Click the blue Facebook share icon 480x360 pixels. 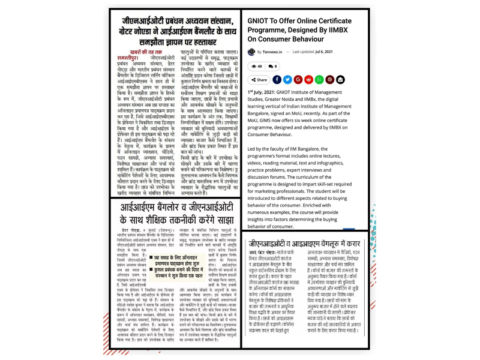(277, 79)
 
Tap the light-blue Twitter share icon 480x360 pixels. (287, 79)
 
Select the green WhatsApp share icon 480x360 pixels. (319, 79)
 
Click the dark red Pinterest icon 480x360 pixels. (329, 79)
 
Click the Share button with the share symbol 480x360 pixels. (259, 79)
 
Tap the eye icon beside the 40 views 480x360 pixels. (253, 67)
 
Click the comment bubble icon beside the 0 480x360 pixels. (271, 67)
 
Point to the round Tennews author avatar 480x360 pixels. (251, 52)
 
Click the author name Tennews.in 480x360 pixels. (272, 52)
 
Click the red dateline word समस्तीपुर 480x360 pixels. (131, 58)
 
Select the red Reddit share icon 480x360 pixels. (308, 79)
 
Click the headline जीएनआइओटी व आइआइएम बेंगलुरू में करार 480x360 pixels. (304, 244)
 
